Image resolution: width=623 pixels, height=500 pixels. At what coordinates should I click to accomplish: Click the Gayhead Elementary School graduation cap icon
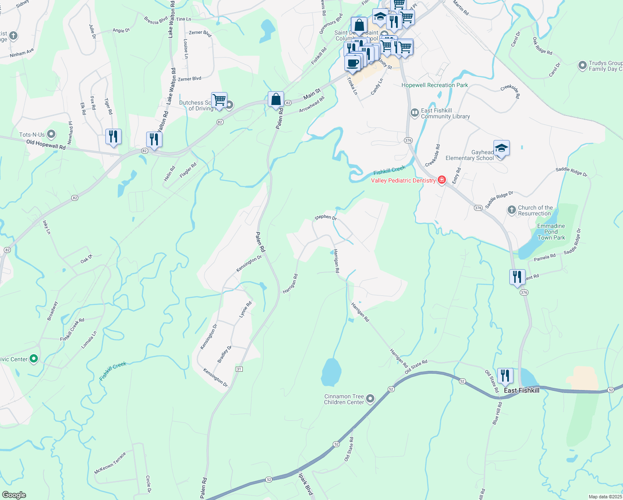tap(501, 148)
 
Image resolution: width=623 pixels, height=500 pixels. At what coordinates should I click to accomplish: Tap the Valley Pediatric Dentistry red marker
tap(442, 180)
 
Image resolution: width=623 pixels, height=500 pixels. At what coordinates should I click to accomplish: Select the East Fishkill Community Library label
tap(445, 113)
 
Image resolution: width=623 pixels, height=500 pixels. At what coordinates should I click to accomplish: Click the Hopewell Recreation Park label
tap(435, 85)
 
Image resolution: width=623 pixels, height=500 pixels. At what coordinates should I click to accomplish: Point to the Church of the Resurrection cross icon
tap(512, 210)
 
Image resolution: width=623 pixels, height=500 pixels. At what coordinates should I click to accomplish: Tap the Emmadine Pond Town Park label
tap(551, 232)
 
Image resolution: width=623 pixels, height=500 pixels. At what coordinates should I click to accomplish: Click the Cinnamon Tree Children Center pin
tap(370, 399)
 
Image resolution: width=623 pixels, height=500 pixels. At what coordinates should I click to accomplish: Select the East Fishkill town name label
tap(521, 390)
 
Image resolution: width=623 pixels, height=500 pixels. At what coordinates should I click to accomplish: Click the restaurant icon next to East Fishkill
tap(505, 376)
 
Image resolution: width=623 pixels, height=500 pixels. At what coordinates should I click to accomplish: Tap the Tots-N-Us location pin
tap(51, 134)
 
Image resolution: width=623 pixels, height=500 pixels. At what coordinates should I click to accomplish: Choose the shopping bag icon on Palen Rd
tap(276, 100)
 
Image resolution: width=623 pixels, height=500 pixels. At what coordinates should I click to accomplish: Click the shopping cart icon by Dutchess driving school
tap(219, 100)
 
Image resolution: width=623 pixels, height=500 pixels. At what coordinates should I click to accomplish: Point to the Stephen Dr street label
tap(326, 217)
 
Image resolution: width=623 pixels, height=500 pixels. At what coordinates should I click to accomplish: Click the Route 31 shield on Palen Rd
tap(239, 369)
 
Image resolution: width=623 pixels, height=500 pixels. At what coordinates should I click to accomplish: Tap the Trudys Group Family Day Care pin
tap(583, 65)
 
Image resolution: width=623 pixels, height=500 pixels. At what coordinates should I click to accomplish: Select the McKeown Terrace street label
tap(110, 463)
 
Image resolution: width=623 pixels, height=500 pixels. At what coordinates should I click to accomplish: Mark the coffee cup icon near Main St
tap(352, 63)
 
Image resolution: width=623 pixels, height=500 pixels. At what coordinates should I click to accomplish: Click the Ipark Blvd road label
tap(306, 483)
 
